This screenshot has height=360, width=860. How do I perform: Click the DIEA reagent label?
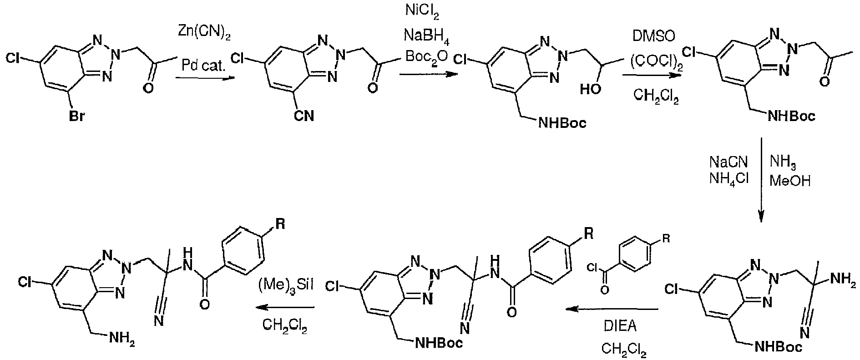tap(620, 327)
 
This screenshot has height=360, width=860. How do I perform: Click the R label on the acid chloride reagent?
tap(666, 238)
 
